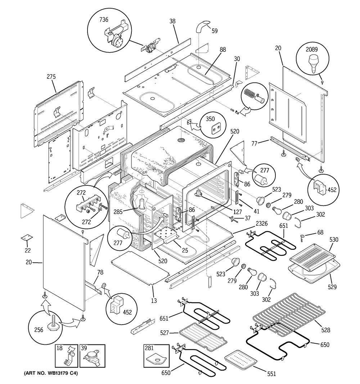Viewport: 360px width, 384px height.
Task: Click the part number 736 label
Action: (x=104, y=19)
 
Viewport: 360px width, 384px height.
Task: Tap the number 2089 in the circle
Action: (x=311, y=49)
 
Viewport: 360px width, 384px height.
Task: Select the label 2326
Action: (x=262, y=223)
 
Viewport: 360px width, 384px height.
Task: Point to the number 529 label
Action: (x=332, y=287)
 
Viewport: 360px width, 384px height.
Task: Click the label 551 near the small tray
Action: (x=271, y=374)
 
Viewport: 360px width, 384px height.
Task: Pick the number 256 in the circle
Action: (x=39, y=330)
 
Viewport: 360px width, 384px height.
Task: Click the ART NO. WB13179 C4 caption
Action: (x=51, y=374)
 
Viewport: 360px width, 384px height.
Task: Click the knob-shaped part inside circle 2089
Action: (x=314, y=64)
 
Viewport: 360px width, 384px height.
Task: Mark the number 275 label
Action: (x=51, y=77)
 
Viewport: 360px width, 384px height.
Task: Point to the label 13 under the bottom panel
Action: (x=154, y=300)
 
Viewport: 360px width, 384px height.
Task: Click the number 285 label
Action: (x=118, y=212)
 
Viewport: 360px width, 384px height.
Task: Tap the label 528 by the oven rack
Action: (x=325, y=330)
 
